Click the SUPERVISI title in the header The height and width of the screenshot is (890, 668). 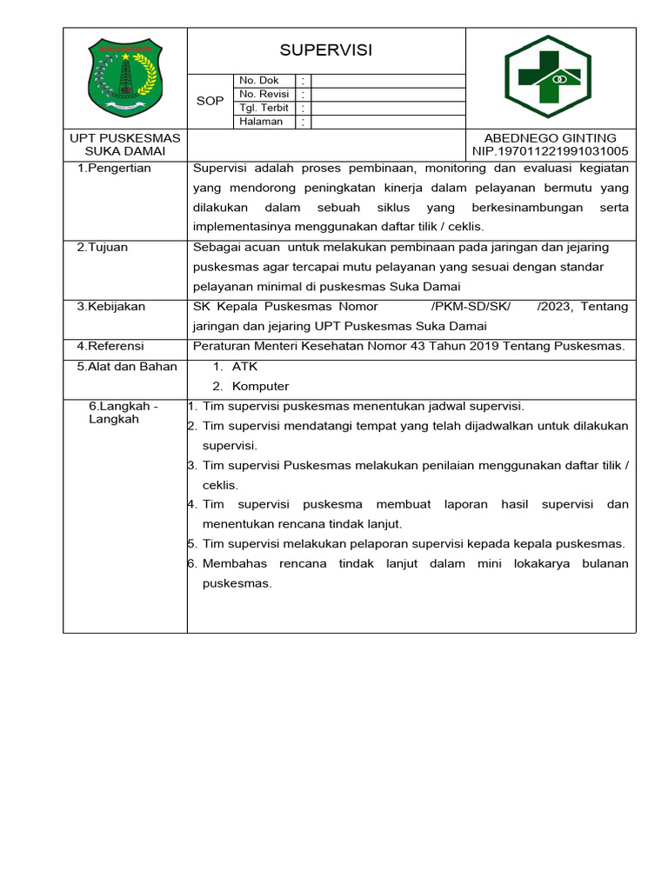(x=326, y=50)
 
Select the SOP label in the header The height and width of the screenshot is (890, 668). (x=210, y=101)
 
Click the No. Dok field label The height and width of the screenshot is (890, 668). (x=259, y=80)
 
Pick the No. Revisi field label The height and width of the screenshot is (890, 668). (x=265, y=94)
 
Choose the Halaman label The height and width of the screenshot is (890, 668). (x=261, y=122)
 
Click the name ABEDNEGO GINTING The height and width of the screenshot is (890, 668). (x=550, y=138)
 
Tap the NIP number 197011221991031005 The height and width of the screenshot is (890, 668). (x=550, y=151)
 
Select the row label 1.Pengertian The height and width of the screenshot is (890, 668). (x=114, y=168)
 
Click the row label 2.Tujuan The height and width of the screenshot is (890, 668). (x=102, y=247)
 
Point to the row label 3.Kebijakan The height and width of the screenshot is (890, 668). (x=110, y=306)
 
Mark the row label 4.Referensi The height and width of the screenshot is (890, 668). (x=110, y=346)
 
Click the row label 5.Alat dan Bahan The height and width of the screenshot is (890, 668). (x=127, y=366)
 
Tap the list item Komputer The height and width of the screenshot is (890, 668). (x=260, y=386)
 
